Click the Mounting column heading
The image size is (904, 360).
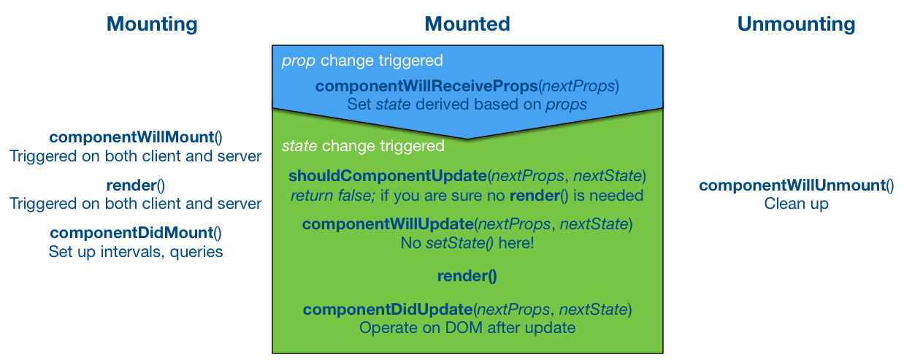point(152,24)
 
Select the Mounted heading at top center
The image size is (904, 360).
point(467,24)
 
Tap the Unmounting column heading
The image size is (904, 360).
point(796,24)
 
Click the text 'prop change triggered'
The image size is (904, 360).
point(362,61)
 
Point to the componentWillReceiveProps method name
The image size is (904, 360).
point(426,87)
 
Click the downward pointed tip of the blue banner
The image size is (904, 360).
point(467,137)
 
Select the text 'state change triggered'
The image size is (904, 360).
point(363,146)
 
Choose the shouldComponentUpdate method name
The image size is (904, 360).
point(388,176)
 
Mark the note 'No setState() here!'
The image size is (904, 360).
point(467,242)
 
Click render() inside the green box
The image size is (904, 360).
point(467,276)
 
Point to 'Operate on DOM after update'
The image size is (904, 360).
point(467,328)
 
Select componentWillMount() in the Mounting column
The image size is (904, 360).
point(136,137)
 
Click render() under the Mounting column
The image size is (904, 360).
point(136,185)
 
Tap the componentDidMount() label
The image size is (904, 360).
point(136,233)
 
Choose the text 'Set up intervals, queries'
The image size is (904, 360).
point(136,252)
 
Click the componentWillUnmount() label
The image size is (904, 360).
point(796,185)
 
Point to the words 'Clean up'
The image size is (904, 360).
point(796,204)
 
